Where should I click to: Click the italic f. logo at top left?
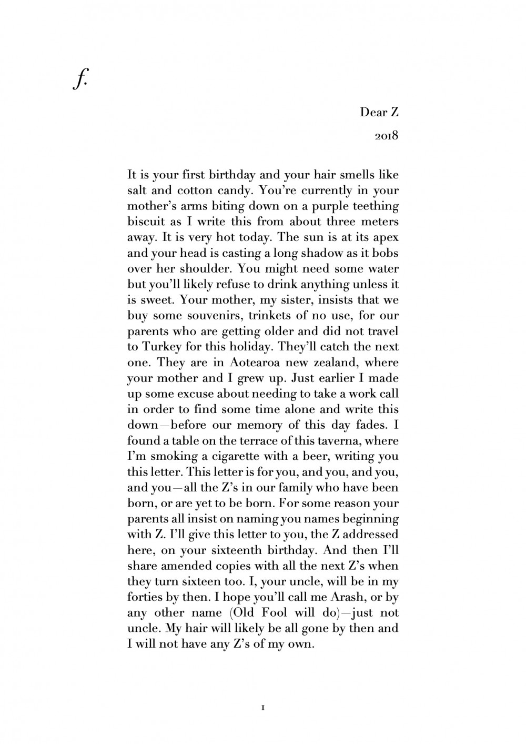(79, 80)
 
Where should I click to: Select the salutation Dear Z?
(379, 112)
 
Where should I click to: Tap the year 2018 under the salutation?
(387, 136)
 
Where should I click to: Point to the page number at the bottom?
(262, 708)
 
